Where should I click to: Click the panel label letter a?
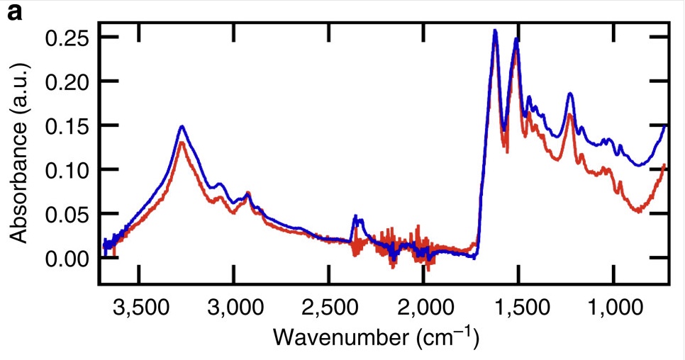pos(14,13)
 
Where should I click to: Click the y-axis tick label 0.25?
pos(67,38)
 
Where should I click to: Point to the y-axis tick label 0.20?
pos(67,81)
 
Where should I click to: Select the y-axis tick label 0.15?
pos(67,125)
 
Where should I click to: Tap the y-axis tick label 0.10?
pos(67,169)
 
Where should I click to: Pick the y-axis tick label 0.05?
pos(67,213)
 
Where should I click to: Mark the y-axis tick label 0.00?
pos(67,257)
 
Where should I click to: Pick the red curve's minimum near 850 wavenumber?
pos(640,210)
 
